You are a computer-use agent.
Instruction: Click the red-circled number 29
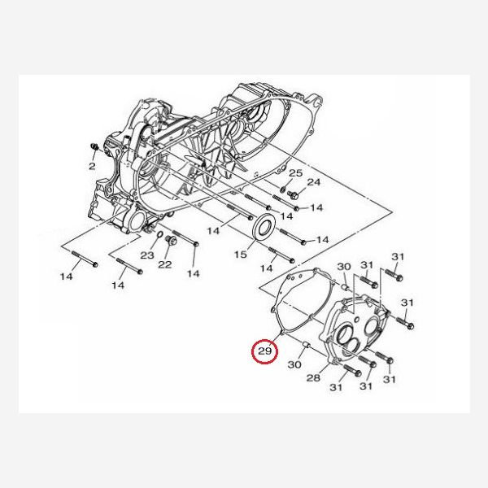tap(265, 351)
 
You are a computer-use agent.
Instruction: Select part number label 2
tap(93, 166)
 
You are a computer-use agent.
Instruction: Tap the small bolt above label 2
tap(95, 147)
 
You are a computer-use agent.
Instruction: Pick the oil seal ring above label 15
tap(265, 227)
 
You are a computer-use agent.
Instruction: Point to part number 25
tap(295, 174)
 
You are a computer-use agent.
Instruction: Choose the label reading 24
tap(314, 181)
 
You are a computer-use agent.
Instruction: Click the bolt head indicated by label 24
tap(293, 195)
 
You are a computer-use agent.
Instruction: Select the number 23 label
tap(146, 255)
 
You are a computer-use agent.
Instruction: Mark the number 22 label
tap(164, 264)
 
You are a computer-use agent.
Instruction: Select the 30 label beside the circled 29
tap(294, 365)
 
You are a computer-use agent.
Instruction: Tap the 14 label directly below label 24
tap(316, 208)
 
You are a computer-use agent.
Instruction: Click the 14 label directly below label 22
tap(193, 273)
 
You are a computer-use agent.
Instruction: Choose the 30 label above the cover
tap(343, 267)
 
